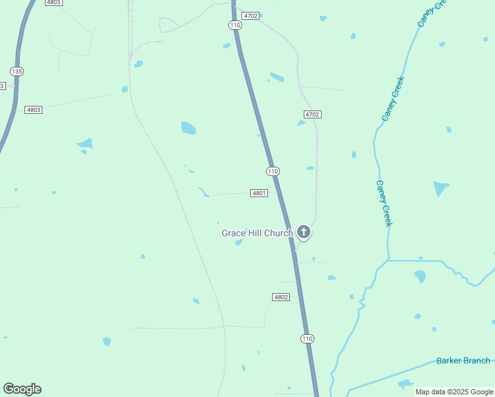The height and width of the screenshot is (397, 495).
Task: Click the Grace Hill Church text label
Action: click(x=257, y=233)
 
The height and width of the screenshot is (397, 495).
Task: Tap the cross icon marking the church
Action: click(x=304, y=232)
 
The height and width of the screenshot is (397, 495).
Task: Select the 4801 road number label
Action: click(x=259, y=193)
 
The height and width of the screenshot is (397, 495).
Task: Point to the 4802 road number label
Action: click(x=281, y=297)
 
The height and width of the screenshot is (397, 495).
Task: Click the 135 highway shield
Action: click(x=17, y=71)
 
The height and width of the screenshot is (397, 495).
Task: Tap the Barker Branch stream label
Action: click(x=463, y=361)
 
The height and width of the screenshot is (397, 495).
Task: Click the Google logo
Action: click(x=22, y=389)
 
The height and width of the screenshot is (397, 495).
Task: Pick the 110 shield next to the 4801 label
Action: click(x=273, y=171)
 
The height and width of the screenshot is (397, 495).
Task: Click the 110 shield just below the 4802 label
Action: click(x=307, y=339)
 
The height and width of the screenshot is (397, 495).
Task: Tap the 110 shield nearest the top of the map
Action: click(x=235, y=25)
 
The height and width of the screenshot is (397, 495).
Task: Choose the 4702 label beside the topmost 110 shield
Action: click(x=250, y=15)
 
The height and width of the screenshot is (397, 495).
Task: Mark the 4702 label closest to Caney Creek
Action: click(x=312, y=114)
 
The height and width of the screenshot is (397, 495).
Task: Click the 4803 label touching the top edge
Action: click(x=54, y=3)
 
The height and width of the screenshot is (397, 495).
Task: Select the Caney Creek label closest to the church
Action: click(x=384, y=203)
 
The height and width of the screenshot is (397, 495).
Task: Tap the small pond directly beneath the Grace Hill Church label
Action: click(x=238, y=242)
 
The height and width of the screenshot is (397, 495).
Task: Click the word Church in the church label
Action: click(x=279, y=233)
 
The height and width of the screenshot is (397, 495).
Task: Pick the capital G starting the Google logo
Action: click(x=9, y=389)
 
